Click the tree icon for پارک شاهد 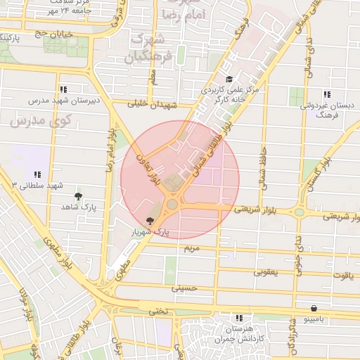tap(77, 196)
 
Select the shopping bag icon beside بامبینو tap(314, 307)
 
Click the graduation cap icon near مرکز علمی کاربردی tap(229, 79)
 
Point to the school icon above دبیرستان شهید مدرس tap(63, 89)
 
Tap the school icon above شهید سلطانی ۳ tap(37, 174)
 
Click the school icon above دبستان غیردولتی tap(326, 94)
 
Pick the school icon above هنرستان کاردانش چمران tap(229, 318)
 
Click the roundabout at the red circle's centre tap(172, 204)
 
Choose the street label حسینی tap(185, 288)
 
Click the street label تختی tap(157, 310)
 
